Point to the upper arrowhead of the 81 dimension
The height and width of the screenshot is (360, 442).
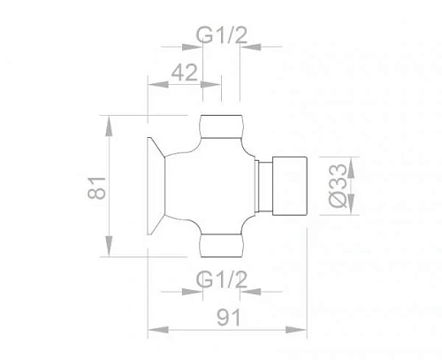point(109,121)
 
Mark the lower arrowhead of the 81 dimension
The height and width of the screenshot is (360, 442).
point(109,251)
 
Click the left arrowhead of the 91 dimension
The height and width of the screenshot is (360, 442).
point(152,330)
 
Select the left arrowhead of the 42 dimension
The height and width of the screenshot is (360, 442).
point(152,86)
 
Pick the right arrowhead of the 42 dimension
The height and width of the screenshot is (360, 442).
point(216,86)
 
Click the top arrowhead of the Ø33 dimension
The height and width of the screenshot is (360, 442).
point(350,163)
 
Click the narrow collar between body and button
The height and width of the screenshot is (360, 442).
point(263,187)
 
